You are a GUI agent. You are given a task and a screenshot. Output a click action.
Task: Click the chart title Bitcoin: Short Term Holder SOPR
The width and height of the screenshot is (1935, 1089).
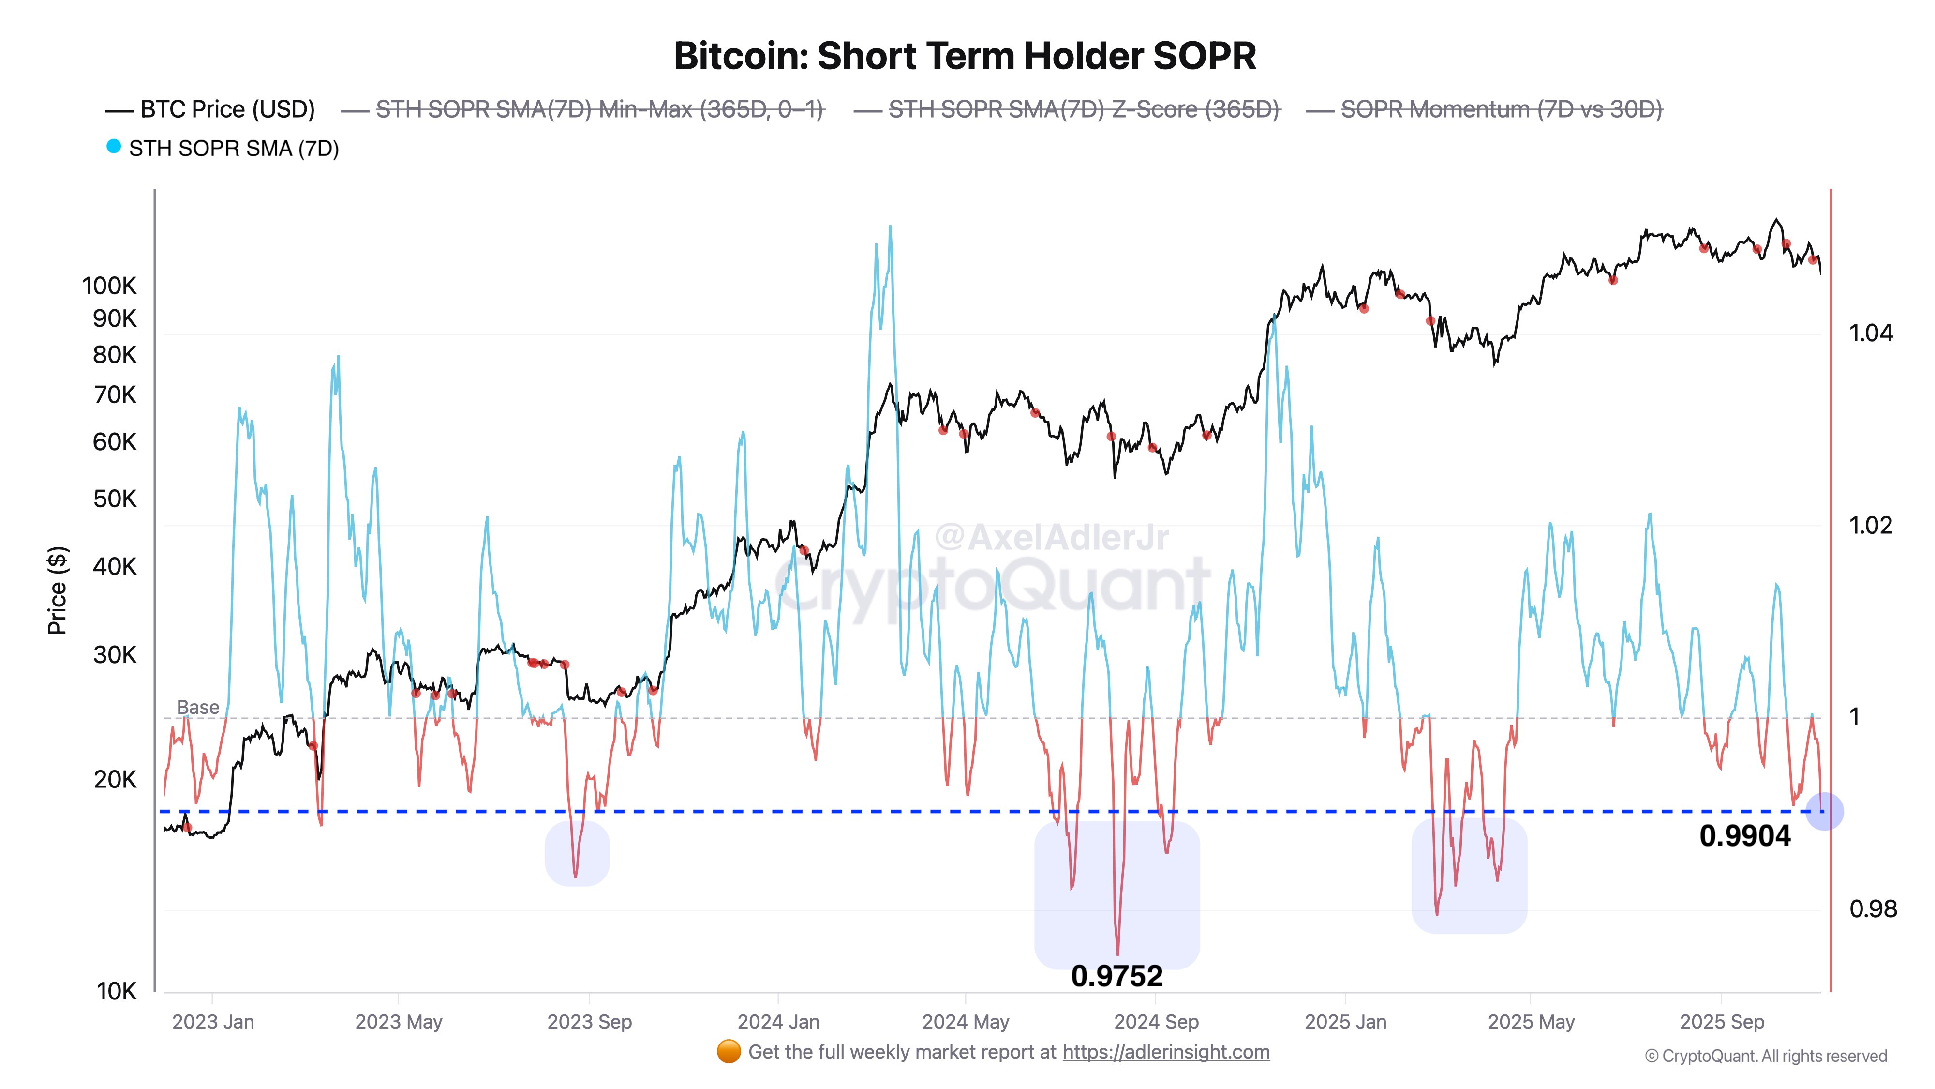point(965,56)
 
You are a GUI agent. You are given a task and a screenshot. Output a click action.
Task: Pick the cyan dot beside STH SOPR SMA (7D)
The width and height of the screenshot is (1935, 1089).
point(113,147)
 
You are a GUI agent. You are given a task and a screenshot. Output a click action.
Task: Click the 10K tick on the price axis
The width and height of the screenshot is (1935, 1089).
point(117,991)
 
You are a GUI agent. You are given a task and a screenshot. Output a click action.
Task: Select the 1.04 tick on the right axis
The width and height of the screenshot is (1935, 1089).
point(1870,333)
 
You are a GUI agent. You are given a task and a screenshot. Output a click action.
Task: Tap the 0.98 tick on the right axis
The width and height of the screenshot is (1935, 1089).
point(1873,909)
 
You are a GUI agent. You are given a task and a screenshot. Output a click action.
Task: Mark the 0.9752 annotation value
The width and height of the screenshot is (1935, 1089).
point(1116,976)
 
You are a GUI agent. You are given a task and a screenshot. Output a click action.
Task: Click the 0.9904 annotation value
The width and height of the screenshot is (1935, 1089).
point(1745,836)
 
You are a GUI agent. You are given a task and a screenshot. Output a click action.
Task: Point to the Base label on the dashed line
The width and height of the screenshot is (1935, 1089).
point(197,707)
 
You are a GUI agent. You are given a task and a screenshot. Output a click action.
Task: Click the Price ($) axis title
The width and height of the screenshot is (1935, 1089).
point(57,590)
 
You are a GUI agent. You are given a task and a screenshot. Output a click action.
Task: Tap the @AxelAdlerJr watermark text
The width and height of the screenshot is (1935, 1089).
point(1052,537)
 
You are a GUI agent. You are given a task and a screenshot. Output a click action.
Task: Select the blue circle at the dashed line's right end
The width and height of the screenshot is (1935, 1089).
point(1824,812)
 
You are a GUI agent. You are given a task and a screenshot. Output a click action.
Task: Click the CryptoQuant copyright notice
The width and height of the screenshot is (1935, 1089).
point(1765,1057)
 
